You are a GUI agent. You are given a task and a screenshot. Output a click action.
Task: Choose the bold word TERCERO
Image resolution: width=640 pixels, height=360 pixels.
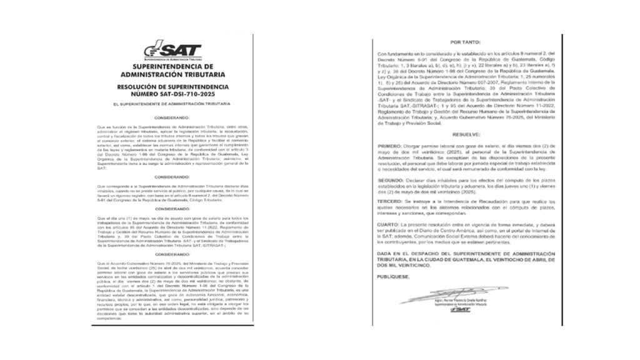coord(391,203)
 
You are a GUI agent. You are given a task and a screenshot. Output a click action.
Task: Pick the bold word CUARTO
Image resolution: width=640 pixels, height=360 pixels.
coord(390,223)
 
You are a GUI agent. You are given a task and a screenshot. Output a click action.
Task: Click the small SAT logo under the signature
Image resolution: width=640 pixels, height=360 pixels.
coord(461,309)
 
